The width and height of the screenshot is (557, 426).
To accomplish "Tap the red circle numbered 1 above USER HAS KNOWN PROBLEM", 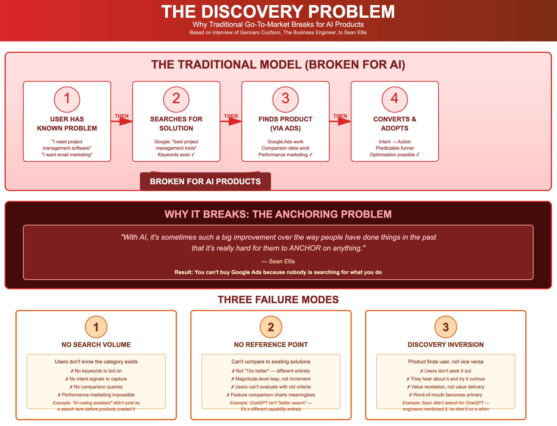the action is (x=67, y=99).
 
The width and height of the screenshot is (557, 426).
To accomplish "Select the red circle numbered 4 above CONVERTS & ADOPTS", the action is (x=395, y=99).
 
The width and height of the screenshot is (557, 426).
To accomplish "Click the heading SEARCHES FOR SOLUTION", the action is (x=176, y=123).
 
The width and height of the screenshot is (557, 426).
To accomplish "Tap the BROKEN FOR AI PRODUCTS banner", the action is (x=205, y=181).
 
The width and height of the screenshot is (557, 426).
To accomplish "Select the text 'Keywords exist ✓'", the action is (x=176, y=155).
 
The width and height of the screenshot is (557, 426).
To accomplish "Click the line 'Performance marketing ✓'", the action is (x=285, y=155).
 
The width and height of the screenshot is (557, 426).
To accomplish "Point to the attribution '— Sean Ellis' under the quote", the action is (x=278, y=261).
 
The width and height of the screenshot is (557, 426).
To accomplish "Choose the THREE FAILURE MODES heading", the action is (x=278, y=300).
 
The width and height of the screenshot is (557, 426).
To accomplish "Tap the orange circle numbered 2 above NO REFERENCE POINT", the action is (x=271, y=327).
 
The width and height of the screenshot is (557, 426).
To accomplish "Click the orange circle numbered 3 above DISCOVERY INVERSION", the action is (x=445, y=327).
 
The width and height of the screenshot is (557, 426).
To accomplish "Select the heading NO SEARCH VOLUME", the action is (x=96, y=345).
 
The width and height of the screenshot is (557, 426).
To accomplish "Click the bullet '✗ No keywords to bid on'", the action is (x=96, y=371).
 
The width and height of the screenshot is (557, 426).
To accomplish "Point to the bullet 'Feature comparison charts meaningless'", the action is (x=271, y=395).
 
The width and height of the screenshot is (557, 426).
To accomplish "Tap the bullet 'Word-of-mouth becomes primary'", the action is (x=445, y=395).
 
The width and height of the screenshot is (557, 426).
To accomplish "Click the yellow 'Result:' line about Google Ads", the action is (x=278, y=272).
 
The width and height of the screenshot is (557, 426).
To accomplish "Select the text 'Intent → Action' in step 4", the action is (x=395, y=142).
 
